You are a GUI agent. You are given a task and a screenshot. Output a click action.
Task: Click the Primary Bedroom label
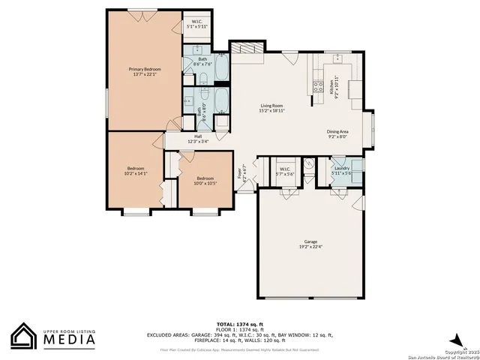(145, 71)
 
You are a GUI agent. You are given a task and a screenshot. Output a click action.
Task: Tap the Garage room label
(310, 244)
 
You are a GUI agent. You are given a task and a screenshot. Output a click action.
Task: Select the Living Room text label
(271, 108)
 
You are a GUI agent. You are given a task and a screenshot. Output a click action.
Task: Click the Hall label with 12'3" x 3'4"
(198, 138)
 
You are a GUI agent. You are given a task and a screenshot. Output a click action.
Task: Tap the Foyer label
(241, 175)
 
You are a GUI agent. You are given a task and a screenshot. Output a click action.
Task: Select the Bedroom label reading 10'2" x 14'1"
(136, 170)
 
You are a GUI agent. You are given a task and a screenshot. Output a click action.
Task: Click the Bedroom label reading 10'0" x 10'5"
(205, 181)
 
